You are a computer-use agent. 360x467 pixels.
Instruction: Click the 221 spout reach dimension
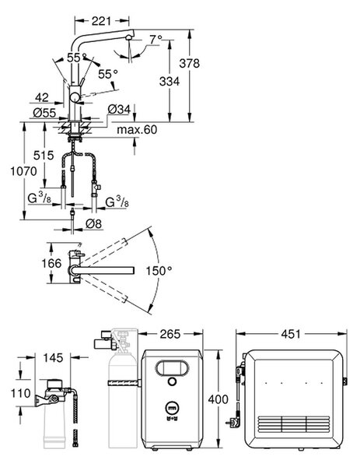click(x=101, y=21)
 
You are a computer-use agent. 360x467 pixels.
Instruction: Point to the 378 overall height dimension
click(x=190, y=63)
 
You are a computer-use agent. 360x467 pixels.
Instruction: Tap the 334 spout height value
click(x=170, y=81)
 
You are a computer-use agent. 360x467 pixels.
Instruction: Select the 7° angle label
click(x=156, y=39)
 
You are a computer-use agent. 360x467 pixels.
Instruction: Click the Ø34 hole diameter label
click(x=119, y=109)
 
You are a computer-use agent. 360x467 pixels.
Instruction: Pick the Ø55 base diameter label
click(x=44, y=113)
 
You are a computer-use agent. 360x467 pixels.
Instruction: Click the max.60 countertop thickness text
click(x=137, y=130)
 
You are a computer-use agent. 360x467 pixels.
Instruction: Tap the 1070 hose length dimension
click(x=24, y=171)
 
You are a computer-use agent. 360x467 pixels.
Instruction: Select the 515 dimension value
click(x=44, y=155)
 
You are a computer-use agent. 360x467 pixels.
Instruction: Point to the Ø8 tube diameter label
click(x=94, y=223)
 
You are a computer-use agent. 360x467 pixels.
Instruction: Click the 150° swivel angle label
click(x=159, y=271)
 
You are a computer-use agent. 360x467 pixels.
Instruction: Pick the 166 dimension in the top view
click(x=51, y=263)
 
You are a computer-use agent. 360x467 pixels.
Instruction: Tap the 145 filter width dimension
click(x=53, y=358)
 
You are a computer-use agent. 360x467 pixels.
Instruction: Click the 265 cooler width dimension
click(x=170, y=334)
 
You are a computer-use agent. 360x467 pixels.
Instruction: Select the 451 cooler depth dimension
click(x=291, y=334)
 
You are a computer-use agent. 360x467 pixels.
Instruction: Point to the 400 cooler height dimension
click(x=218, y=399)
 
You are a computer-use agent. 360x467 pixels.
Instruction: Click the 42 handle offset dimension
click(x=42, y=97)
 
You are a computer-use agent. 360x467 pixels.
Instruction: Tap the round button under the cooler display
click(x=172, y=381)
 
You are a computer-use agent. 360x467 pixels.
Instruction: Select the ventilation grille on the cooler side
click(x=294, y=424)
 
